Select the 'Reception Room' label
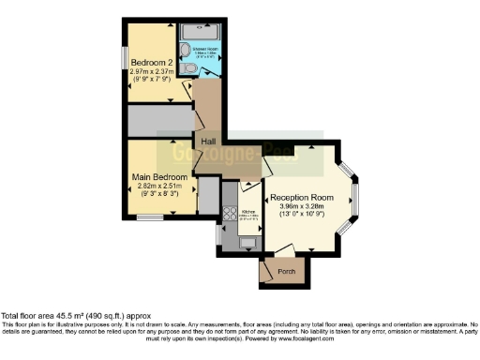click(x=302, y=198)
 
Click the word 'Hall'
click(x=208, y=142)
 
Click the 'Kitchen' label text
click(x=249, y=213)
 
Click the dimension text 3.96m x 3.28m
click(x=302, y=208)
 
